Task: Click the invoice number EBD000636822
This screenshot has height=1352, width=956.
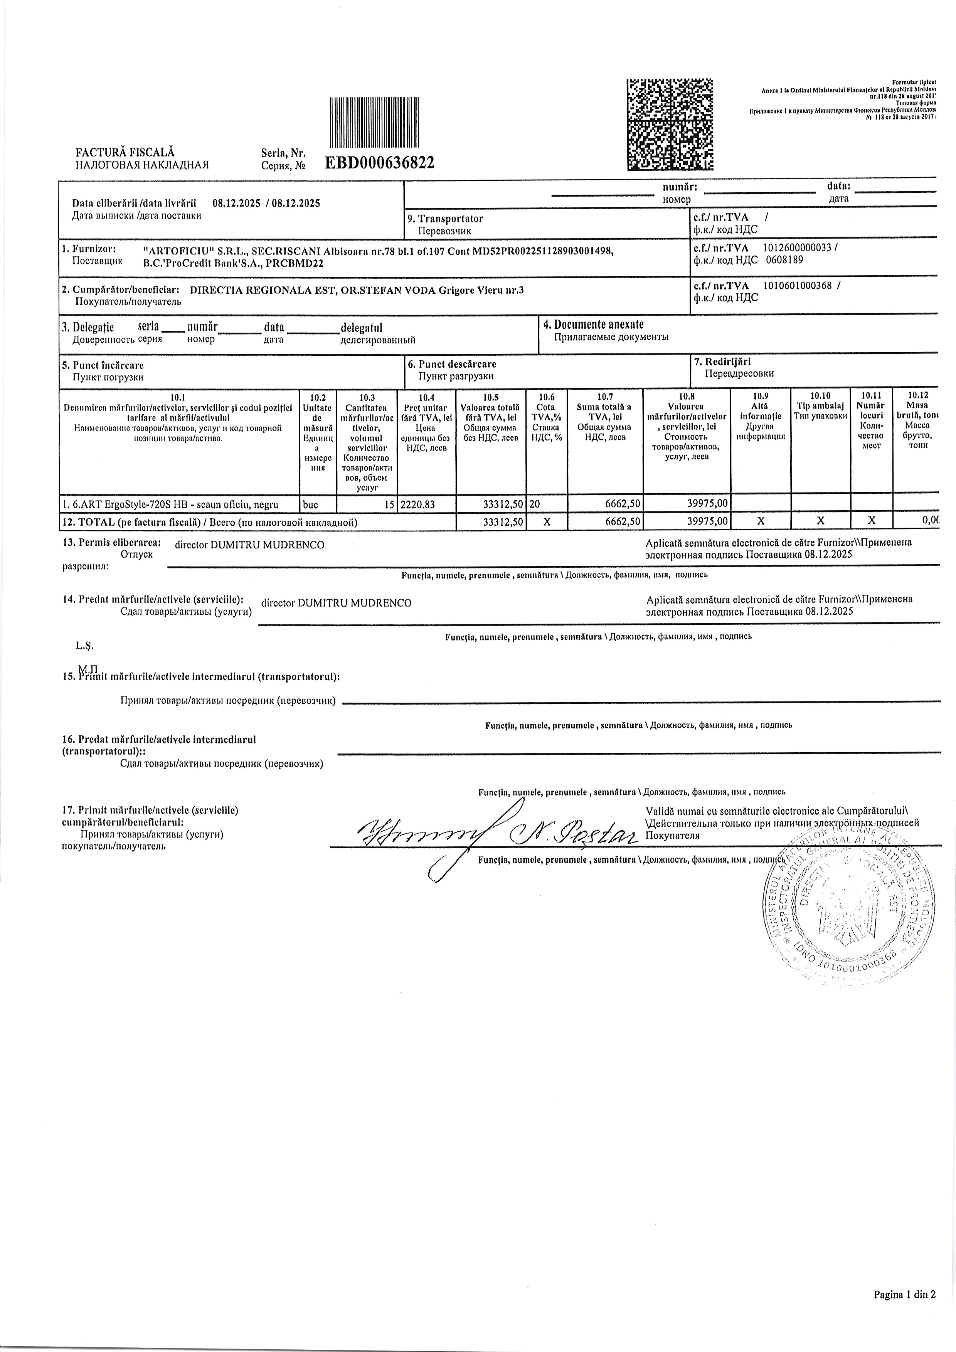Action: coord(380,163)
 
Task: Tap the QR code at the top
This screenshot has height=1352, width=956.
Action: coord(670,124)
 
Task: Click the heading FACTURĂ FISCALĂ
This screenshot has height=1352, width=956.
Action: coord(125,153)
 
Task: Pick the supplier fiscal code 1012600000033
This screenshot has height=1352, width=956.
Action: coord(797,248)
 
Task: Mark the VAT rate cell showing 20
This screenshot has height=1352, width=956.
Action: coord(535,503)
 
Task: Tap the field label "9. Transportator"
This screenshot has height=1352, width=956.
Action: coord(445,219)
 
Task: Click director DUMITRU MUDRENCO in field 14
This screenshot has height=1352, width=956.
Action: coord(337,603)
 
